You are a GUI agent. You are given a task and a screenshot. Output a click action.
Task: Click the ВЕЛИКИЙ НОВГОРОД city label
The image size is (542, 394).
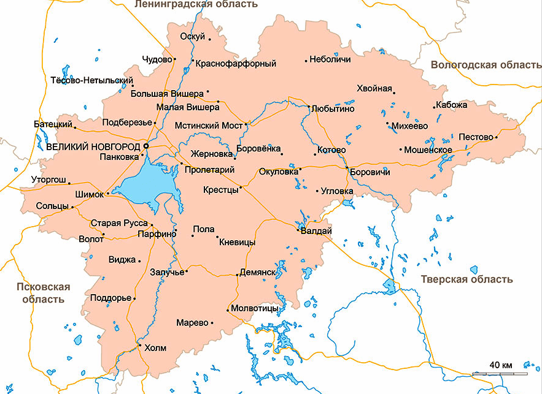click(93, 147)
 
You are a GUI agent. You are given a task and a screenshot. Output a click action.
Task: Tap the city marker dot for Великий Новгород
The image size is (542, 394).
click(146, 146)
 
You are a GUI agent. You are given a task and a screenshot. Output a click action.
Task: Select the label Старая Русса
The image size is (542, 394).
click(119, 223)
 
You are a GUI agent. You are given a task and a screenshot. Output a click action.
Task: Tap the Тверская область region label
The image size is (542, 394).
click(467, 279)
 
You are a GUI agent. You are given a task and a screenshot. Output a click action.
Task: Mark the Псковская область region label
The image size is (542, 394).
click(43, 293)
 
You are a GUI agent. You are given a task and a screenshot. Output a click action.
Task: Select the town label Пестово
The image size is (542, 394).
click(476, 137)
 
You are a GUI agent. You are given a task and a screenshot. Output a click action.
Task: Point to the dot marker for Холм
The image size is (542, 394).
click(140, 347)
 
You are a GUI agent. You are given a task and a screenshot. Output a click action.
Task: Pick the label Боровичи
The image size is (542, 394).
click(370, 172)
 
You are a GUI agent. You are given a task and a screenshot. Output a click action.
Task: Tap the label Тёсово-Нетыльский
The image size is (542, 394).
click(91, 80)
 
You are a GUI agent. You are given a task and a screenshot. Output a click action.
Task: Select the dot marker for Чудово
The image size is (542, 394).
click(175, 59)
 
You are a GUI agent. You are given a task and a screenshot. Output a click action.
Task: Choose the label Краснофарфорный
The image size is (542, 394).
click(237, 63)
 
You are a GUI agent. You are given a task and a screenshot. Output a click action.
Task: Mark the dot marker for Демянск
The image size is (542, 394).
click(238, 275)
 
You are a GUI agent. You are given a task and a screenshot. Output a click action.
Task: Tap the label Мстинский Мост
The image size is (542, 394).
click(209, 125)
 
